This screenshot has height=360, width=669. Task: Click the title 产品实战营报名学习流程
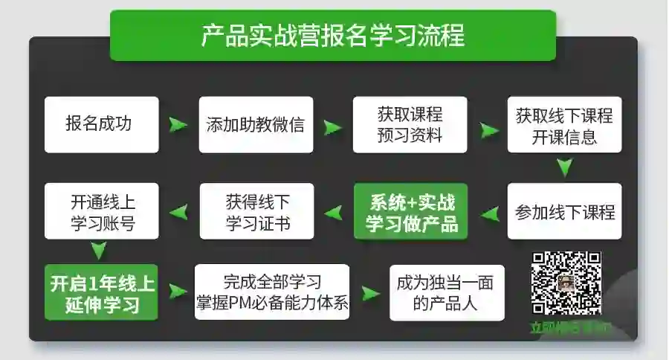[x=332, y=35]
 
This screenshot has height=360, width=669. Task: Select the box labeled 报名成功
[x=102, y=124]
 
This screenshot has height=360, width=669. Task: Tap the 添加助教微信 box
[x=255, y=124]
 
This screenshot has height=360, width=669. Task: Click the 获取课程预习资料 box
[x=410, y=124]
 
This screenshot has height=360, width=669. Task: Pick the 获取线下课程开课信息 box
[x=564, y=124]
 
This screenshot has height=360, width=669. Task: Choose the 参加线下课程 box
[x=564, y=211]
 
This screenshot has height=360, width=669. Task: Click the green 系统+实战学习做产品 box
[x=410, y=211]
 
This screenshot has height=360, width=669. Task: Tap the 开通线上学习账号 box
[x=102, y=211]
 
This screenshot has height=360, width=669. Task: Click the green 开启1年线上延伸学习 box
[x=102, y=292]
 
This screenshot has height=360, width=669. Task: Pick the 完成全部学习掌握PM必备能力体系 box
[x=272, y=292]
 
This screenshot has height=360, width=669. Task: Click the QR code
[x=566, y=283]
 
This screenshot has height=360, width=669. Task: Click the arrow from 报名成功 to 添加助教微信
[x=178, y=124]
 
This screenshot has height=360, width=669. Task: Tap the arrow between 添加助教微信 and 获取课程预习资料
[x=333, y=126]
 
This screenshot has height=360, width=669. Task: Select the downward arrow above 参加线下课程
[x=565, y=168]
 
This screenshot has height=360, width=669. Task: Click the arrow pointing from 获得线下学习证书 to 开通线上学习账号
[x=179, y=213]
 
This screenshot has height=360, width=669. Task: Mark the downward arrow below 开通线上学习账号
[x=98, y=249]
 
